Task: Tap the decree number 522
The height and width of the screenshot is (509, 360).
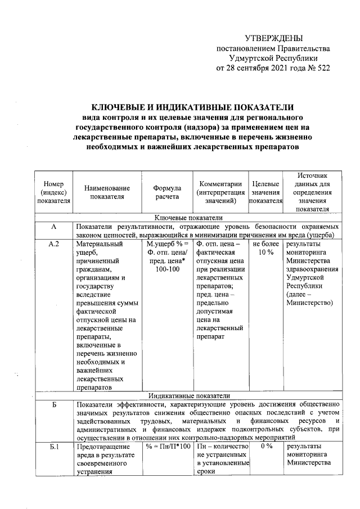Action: pyautogui.click(x=321, y=68)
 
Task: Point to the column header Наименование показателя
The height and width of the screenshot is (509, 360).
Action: pyautogui.click(x=108, y=192)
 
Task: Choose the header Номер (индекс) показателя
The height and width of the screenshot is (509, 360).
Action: pyautogui.click(x=53, y=192)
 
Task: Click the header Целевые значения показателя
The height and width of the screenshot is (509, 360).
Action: pyautogui.click(x=265, y=192)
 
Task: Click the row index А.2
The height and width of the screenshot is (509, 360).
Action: pyautogui.click(x=54, y=245)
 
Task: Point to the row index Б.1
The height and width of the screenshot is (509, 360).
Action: pyautogui.click(x=54, y=446)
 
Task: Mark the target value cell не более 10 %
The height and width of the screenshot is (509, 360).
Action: pyautogui.click(x=265, y=249)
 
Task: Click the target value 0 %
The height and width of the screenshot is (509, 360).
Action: pyautogui.click(x=265, y=446)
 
